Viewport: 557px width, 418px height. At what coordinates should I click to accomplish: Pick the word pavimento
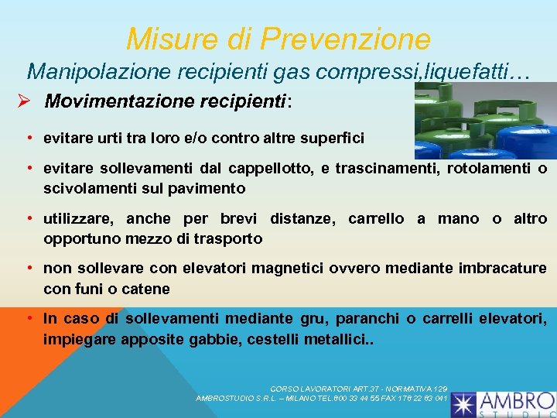tap(209, 188)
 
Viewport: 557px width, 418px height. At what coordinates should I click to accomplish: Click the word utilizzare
tap(73, 219)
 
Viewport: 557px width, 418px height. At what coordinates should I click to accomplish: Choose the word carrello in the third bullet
tap(375, 219)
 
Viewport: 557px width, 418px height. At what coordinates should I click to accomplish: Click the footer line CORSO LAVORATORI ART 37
tap(358, 389)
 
